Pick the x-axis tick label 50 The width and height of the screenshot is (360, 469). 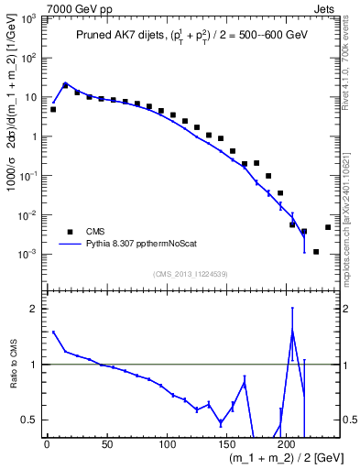point(106,444)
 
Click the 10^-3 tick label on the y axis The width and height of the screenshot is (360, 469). point(29,254)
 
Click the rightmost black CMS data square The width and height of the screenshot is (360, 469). point(328,227)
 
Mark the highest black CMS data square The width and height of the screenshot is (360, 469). point(65,85)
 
